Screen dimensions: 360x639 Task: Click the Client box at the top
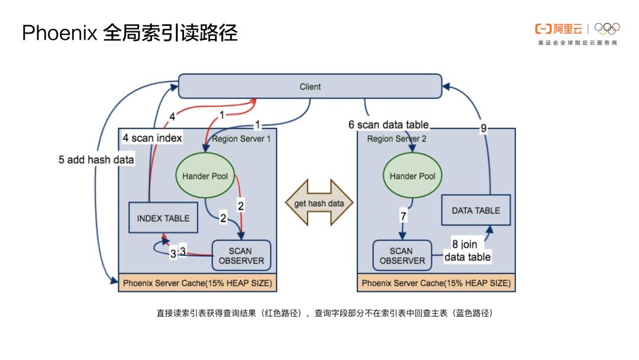(310, 86)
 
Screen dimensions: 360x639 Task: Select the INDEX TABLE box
(163, 218)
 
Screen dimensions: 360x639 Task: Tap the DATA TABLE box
(476, 210)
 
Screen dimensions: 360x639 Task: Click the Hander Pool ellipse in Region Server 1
(205, 176)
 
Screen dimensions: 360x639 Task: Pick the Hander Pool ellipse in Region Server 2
(412, 176)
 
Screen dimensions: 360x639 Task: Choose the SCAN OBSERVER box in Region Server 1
(241, 256)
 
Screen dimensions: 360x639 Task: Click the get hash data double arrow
(319, 204)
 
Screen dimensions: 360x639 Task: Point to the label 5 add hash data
(96, 160)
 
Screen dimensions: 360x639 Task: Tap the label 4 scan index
(152, 139)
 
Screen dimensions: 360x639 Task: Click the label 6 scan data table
(388, 125)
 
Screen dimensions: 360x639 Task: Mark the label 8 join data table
(467, 250)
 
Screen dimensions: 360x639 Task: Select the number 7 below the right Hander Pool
(404, 217)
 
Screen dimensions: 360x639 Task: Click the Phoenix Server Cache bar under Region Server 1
(198, 283)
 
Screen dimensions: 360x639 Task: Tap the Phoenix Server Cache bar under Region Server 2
(436, 283)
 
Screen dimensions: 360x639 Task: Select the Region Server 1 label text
(241, 139)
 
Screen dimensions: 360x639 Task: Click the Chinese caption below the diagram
(324, 313)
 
